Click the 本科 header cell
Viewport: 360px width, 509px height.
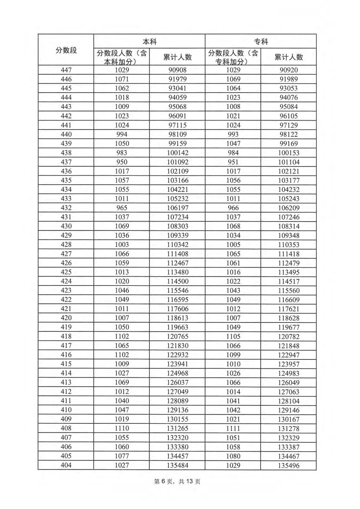click(x=149, y=42)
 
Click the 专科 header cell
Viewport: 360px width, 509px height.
click(x=261, y=42)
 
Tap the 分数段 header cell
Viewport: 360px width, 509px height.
click(x=66, y=50)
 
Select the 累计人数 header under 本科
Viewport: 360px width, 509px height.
click(x=177, y=57)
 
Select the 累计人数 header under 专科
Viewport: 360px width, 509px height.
click(x=289, y=57)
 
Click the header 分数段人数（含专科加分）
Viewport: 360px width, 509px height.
click(x=233, y=57)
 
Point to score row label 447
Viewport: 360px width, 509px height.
click(x=66, y=70)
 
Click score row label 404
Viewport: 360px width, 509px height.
click(x=66, y=465)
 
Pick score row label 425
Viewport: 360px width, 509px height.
click(x=66, y=272)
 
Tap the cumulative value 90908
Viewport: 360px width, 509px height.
click(x=177, y=70)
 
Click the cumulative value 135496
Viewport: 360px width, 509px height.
click(x=289, y=465)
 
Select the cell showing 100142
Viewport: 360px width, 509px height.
click(x=177, y=153)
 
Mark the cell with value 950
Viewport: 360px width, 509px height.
click(x=122, y=162)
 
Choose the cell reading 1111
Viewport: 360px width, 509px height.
click(x=233, y=428)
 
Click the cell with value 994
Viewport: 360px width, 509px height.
click(x=122, y=134)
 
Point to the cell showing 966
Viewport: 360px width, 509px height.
click(x=233, y=208)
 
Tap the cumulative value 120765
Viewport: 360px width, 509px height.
click(x=177, y=336)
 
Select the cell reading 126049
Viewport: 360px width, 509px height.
click(x=289, y=382)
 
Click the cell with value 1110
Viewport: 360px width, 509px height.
click(x=122, y=428)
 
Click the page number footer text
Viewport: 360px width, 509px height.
click(x=177, y=481)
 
